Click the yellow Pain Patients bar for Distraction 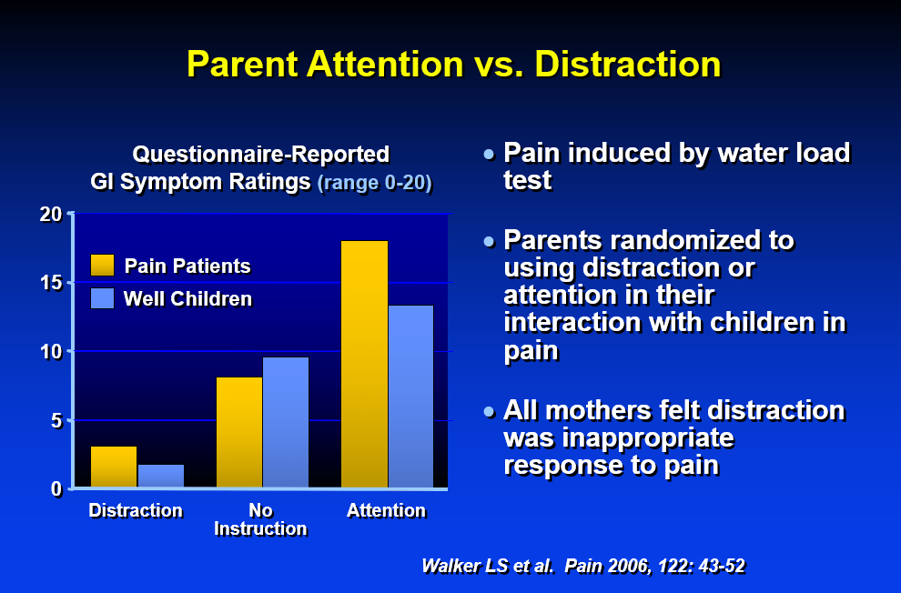click(114, 467)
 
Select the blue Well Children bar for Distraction click(161, 476)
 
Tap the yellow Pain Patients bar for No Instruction click(239, 432)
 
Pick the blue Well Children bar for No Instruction click(286, 423)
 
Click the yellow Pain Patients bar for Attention click(364, 364)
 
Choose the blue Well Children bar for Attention click(410, 397)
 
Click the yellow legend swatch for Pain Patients click(102, 266)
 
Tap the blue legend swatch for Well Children click(102, 298)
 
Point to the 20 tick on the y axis click(51, 214)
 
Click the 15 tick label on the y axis click(51, 283)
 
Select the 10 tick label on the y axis click(51, 351)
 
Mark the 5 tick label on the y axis click(56, 420)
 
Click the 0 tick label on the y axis click(56, 489)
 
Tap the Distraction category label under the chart click(136, 510)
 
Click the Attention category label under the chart click(386, 510)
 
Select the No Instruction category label click(260, 519)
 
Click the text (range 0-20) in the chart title click(375, 183)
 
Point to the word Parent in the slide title click(242, 64)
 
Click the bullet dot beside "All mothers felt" click(489, 412)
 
